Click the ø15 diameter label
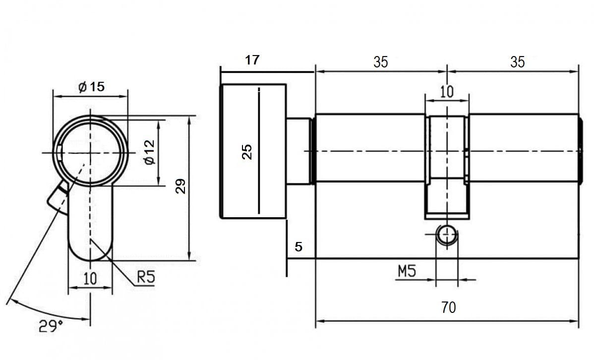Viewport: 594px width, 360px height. pos(92,87)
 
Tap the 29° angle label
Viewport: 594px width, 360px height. pos(51,326)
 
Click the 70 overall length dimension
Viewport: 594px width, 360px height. pos(448,307)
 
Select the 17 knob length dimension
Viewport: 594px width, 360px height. pos(252,60)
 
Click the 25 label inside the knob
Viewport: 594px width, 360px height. pos(246,151)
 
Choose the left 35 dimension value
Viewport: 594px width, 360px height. pos(381,61)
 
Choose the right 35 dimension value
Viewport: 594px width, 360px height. pos(517,61)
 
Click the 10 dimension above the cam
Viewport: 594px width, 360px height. pos(447,91)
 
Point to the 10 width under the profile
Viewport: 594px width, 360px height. pos(90,278)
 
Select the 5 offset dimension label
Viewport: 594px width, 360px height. pos(298,246)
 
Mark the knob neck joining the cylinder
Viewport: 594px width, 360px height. pos(299,151)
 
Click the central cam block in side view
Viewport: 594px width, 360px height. pos(447,166)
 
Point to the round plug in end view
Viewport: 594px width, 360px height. pos(90,151)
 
